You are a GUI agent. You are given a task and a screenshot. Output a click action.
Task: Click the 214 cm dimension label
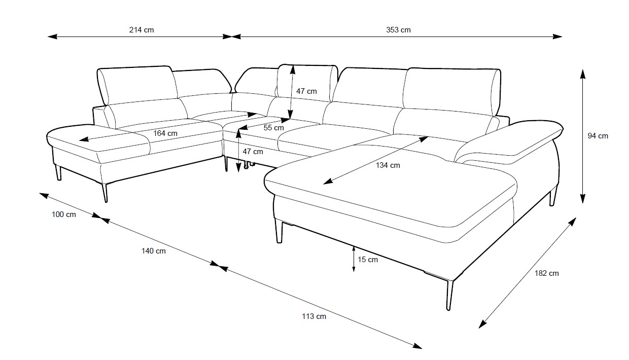tap(142, 30)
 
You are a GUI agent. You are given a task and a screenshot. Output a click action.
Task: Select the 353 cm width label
tap(398, 30)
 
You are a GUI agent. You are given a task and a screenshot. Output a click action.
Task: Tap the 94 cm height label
tap(598, 136)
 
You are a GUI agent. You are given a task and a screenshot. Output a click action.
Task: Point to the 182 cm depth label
tap(546, 273)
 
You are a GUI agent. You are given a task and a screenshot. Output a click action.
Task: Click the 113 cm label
tap(314, 316)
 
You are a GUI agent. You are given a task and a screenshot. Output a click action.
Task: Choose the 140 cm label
tap(153, 251)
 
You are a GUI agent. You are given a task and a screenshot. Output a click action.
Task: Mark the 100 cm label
tap(64, 214)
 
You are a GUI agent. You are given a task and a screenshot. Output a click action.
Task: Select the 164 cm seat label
tap(165, 133)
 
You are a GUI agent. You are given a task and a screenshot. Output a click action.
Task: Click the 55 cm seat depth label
tap(273, 128)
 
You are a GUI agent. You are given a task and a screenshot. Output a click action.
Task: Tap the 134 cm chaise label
tap(388, 165)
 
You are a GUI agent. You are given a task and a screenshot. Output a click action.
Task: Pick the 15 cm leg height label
tap(368, 260)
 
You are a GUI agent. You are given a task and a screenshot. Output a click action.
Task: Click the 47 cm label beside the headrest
tap(306, 91)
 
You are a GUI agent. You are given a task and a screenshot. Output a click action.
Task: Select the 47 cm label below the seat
tap(253, 152)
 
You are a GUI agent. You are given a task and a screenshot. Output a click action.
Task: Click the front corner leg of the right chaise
tap(449, 295)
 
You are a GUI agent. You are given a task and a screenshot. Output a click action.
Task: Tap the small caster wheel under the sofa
tap(247, 166)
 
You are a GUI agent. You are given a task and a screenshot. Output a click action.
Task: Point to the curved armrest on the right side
tap(508, 143)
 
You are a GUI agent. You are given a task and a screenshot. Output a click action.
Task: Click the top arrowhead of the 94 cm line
tap(583, 74)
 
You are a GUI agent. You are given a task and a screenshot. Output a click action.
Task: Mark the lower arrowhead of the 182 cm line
tap(483, 324)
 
